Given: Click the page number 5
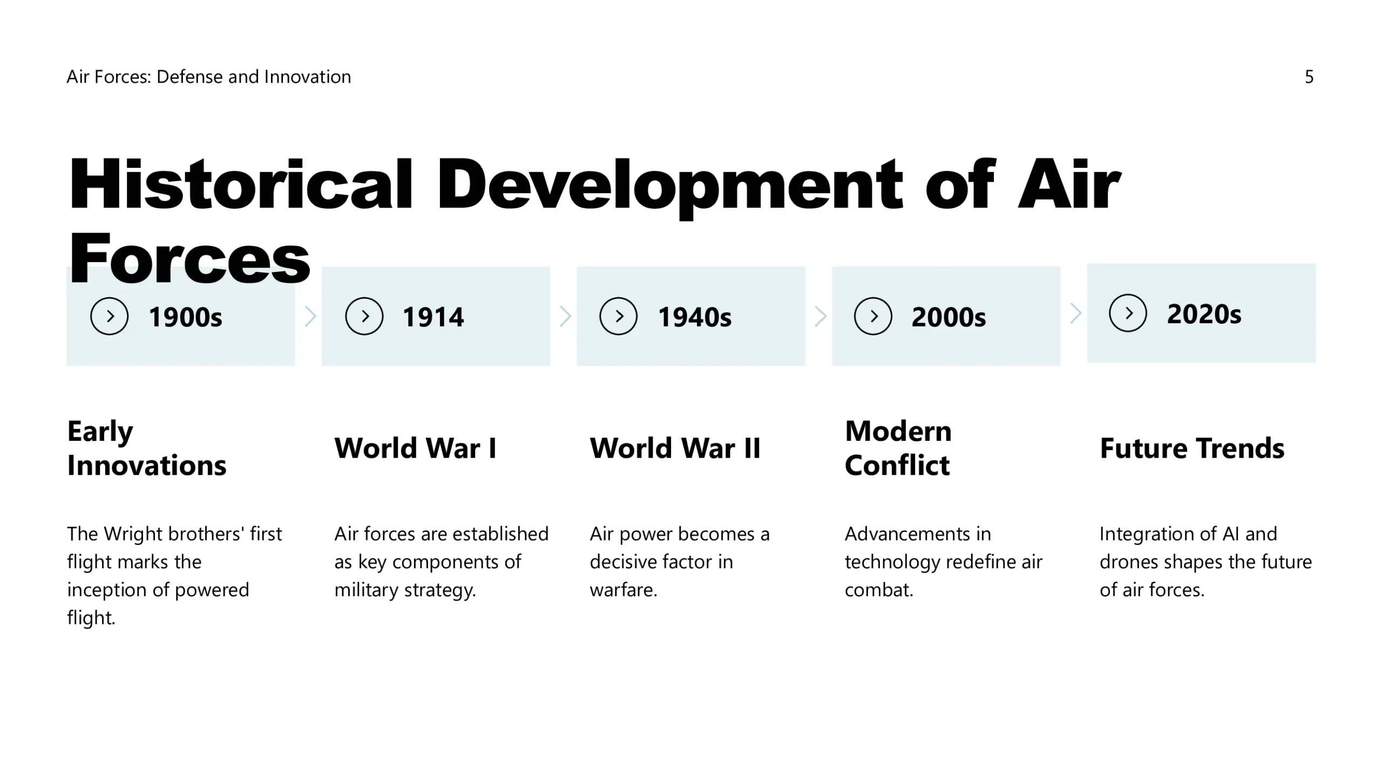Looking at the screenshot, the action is point(1309,77).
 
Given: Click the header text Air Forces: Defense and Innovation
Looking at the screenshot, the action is point(209,77).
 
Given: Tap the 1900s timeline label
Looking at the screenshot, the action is point(185,317).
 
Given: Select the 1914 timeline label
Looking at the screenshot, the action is point(433,317).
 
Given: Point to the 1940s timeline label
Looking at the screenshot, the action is point(695,317).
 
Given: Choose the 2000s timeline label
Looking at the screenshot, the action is point(949,317).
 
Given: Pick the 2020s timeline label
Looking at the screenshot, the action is point(1204,313).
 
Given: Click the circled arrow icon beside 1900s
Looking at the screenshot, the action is point(109,316).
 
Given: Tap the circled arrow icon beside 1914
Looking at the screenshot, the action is point(364,316).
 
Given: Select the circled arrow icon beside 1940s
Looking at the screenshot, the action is point(619,316).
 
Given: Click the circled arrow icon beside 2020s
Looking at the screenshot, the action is point(1128,313).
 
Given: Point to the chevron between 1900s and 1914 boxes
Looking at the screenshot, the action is point(310,316).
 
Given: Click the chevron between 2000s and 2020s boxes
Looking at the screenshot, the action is point(1076,313).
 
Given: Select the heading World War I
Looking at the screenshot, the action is point(415,448).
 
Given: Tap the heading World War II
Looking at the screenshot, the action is point(675,448).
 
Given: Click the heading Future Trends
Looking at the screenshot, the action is point(1192,448).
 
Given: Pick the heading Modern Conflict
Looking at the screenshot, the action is point(898,448).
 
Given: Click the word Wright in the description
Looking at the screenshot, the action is point(133,534).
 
